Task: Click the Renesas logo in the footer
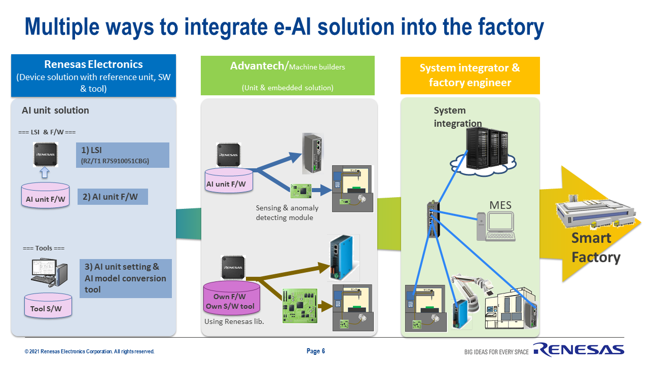point(578,350)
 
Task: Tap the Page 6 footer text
point(316,351)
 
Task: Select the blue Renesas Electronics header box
point(93,76)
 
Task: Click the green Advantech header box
point(287,76)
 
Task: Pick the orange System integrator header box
point(470,75)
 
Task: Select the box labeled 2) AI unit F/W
point(113,197)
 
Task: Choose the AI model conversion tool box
point(125,278)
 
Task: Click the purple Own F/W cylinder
point(231,300)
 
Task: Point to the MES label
point(500,205)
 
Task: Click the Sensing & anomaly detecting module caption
point(287,213)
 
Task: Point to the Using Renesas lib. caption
point(234,322)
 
